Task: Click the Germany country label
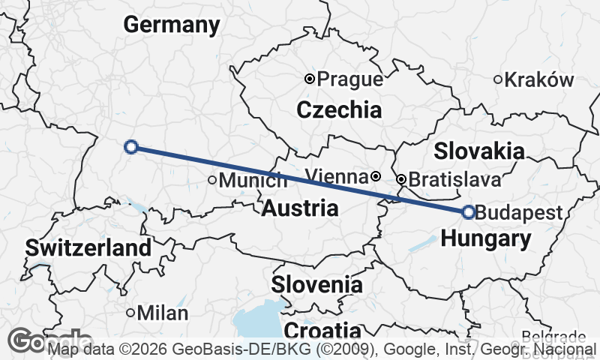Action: point(172,25)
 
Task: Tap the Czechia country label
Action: point(339,110)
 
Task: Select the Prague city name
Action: point(350,79)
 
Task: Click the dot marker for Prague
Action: point(309,79)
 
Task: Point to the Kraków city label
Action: point(539,79)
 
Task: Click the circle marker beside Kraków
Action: point(498,79)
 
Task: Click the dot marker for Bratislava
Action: point(401,179)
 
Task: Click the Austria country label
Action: point(300,208)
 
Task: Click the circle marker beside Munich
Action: point(212,180)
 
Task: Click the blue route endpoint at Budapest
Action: point(469,212)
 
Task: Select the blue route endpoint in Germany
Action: point(131,147)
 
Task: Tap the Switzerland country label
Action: point(88,247)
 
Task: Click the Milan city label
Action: point(163,313)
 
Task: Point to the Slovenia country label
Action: point(317,285)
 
